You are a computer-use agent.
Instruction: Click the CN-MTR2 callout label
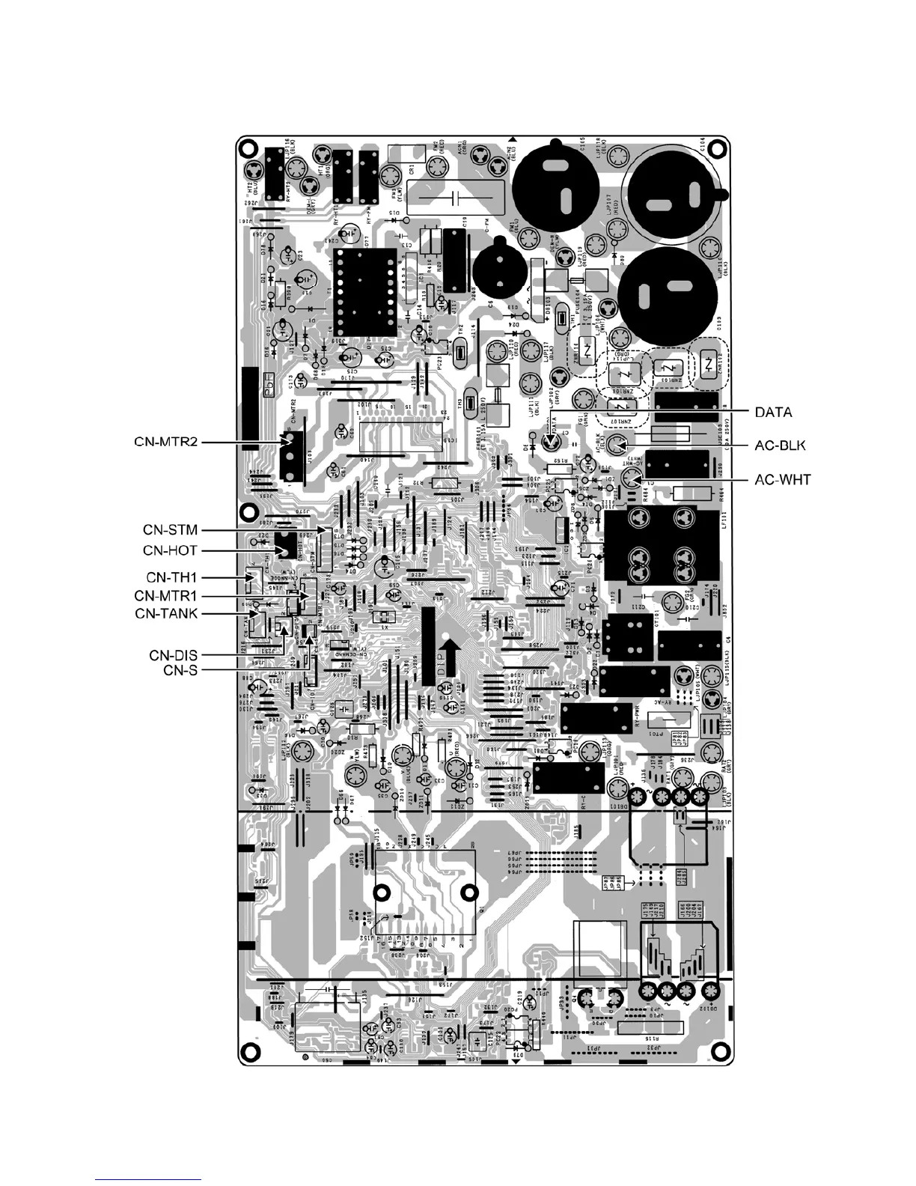[161, 443]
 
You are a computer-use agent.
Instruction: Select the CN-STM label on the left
[171, 530]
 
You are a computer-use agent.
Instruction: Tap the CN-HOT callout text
[171, 550]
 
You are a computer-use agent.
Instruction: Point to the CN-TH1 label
[171, 577]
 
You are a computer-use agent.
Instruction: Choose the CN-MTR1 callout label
[166, 596]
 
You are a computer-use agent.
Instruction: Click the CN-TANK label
[166, 614]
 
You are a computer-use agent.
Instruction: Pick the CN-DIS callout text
[173, 655]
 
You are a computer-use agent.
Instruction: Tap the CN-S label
[180, 669]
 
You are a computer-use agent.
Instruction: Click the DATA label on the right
[773, 412]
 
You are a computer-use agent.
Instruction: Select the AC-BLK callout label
[780, 445]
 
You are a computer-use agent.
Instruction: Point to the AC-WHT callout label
[782, 479]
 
